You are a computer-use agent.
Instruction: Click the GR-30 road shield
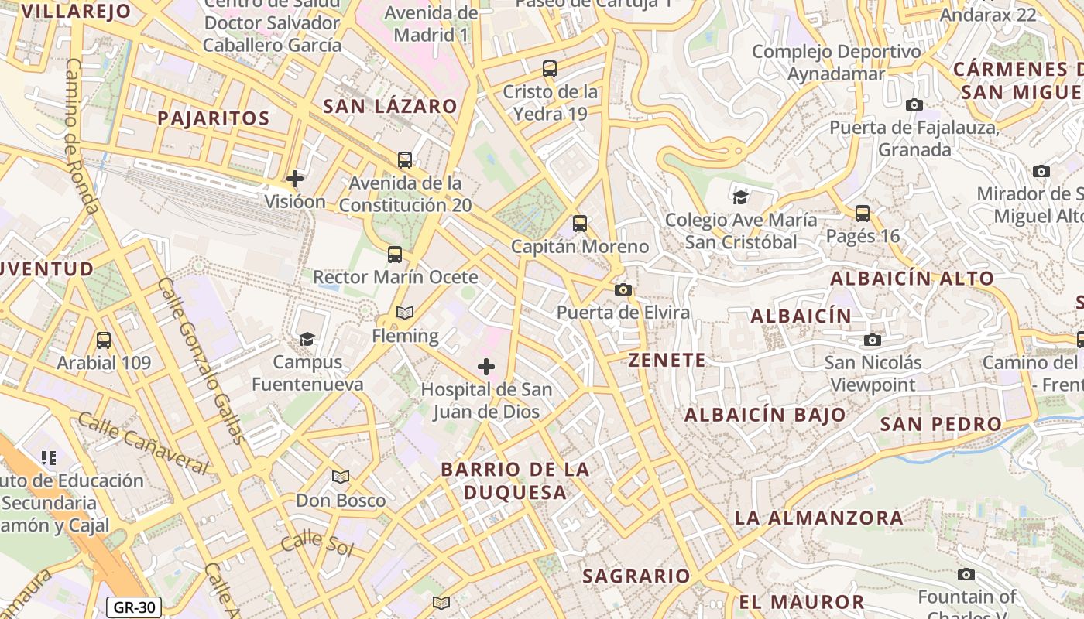tap(133, 607)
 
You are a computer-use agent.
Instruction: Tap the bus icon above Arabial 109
tap(103, 340)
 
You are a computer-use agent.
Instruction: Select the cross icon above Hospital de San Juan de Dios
tap(486, 366)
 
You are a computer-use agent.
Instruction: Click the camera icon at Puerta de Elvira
tap(623, 290)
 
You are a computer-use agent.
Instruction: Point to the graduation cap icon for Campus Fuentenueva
tap(307, 340)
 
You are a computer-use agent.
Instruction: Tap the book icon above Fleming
tap(404, 313)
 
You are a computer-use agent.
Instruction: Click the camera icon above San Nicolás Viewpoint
tap(873, 340)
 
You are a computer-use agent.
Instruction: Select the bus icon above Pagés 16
tap(863, 214)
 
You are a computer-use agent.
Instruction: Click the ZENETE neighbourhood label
tap(667, 360)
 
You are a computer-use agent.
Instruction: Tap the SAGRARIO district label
tap(636, 576)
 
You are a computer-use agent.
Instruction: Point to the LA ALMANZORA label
tap(818, 518)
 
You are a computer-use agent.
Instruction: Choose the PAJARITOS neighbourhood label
tap(213, 118)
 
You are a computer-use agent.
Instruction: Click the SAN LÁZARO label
tap(389, 106)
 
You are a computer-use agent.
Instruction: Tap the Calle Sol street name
tap(317, 544)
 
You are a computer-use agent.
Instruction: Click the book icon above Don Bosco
tap(341, 477)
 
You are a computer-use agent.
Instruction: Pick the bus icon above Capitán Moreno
tap(580, 224)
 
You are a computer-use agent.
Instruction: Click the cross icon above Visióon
tap(295, 180)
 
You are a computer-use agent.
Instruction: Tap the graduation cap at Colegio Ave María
tap(741, 197)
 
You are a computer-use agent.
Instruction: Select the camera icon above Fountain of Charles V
tap(966, 575)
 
